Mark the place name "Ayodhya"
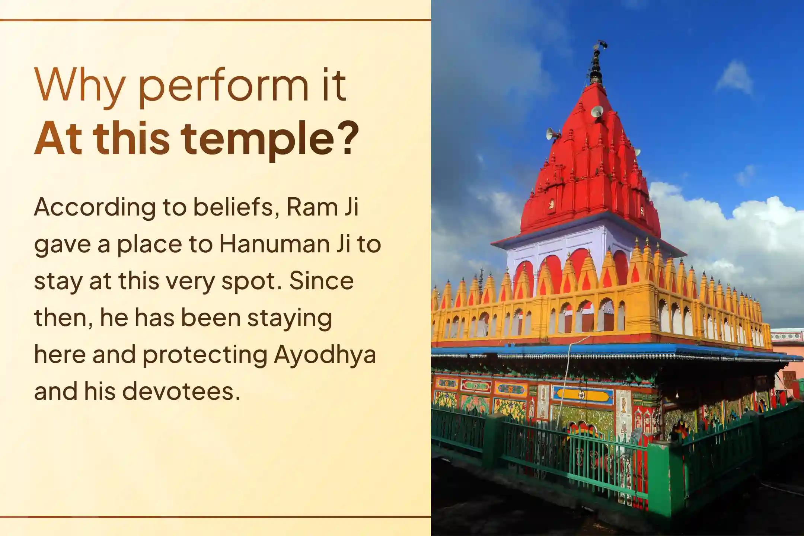tap(325, 355)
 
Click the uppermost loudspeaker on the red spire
tap(597, 111)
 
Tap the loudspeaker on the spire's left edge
tap(553, 134)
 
